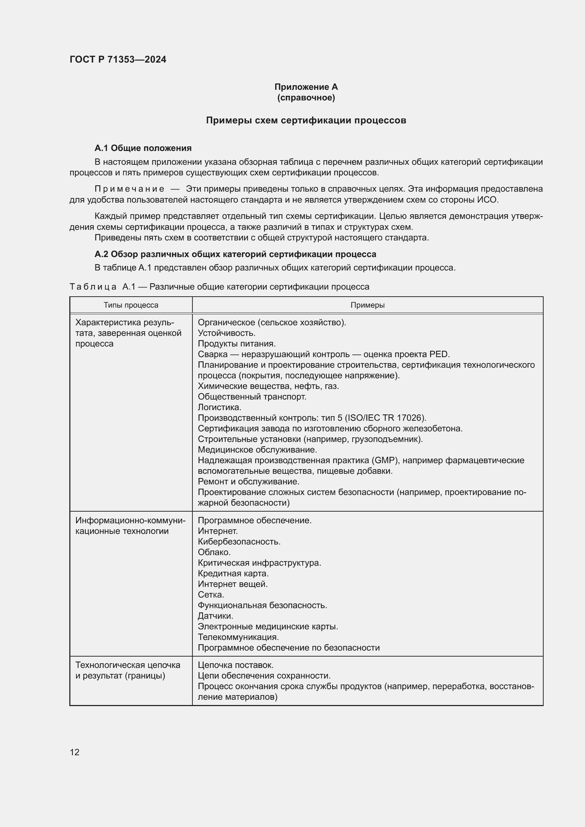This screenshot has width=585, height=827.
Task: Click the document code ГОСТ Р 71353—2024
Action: tap(118, 59)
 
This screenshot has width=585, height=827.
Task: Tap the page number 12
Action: tap(75, 752)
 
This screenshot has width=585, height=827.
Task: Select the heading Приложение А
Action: tap(306, 87)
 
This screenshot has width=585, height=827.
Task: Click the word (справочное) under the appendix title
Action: tap(306, 98)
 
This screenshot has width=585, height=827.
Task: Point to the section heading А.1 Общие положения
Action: tap(143, 148)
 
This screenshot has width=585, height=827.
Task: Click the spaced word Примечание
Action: tap(129, 189)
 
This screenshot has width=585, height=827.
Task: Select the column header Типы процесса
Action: tap(131, 305)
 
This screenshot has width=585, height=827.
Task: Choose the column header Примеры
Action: tap(367, 305)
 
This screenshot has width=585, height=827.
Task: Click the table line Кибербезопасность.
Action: tap(239, 542)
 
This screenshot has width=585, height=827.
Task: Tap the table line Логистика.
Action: tap(219, 407)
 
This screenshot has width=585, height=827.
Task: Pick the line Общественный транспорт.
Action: tap(252, 397)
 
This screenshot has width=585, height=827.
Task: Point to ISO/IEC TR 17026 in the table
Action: tap(384, 418)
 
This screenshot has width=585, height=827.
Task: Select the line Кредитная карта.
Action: tap(233, 573)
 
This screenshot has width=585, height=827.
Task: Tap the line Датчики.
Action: tap(215, 616)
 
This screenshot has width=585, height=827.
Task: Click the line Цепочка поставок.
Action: tap(236, 665)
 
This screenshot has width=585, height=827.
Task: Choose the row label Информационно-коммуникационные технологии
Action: tap(130, 526)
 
